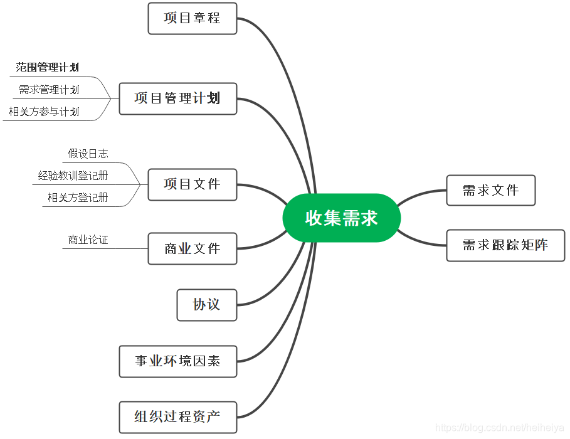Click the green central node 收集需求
pos(341,218)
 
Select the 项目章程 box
pos(192,18)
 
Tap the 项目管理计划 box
pos(177,98)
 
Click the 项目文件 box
pos(192,184)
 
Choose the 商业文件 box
pos(192,249)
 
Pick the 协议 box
pos(206,305)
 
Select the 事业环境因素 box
pos(177,361)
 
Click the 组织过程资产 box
pos(177,417)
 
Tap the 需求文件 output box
pos(490,190)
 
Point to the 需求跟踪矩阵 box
pos(505,245)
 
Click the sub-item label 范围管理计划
pos(48,67)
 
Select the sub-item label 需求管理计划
pos(49,90)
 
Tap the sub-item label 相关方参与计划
pos(44,112)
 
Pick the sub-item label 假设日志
pos(88,154)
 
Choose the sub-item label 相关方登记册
pos(78,198)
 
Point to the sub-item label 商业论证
pos(88,240)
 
